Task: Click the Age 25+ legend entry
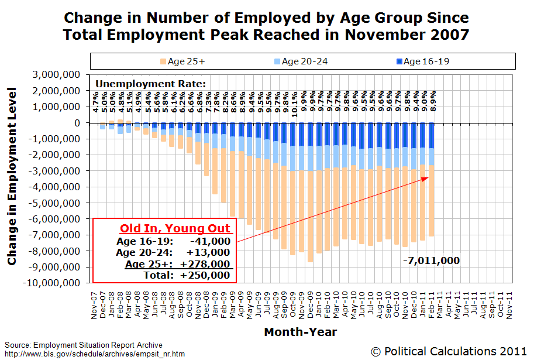[x=184, y=61]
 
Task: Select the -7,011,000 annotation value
[x=430, y=260]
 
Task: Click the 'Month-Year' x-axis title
[x=300, y=332]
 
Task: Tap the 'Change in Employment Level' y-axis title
[x=12, y=176]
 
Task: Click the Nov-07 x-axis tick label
[x=94, y=304]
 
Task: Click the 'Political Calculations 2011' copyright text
[x=450, y=351]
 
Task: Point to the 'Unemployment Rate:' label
[x=150, y=84]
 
